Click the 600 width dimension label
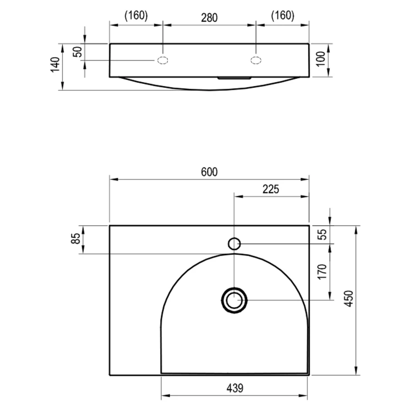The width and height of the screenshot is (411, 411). click(209, 172)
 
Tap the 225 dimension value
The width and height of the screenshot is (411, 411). click(271, 189)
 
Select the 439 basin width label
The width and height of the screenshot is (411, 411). click(235, 388)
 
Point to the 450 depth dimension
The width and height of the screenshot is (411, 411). click(349, 298)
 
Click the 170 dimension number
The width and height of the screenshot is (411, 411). click(323, 272)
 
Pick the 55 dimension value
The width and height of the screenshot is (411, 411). click(323, 234)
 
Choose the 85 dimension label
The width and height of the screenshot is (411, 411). click(76, 238)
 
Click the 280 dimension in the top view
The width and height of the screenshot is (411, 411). click(209, 18)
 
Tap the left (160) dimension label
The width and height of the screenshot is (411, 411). click(136, 16)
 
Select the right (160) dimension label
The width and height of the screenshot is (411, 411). click(283, 16)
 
